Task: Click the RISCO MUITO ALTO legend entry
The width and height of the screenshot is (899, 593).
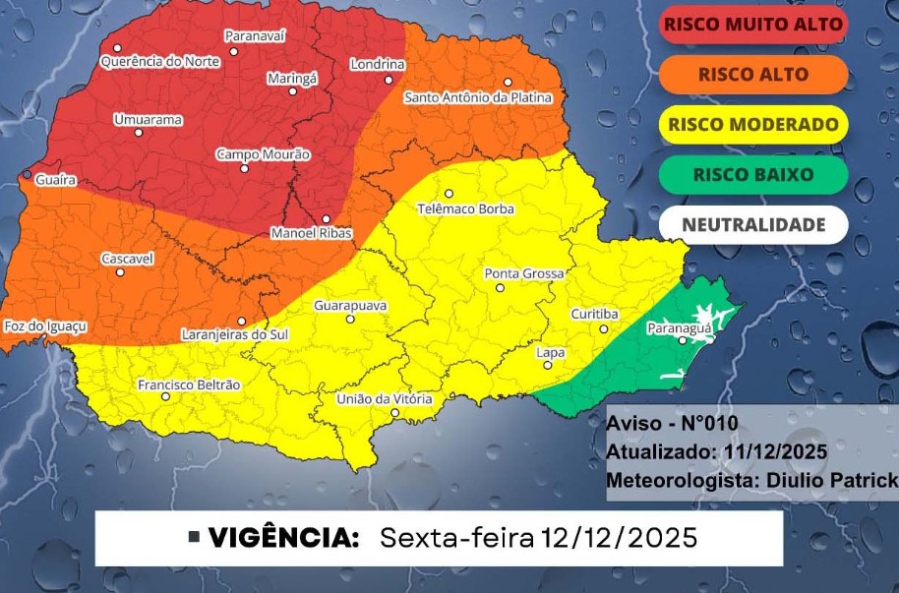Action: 752,24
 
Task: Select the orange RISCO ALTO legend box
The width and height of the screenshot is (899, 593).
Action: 752,74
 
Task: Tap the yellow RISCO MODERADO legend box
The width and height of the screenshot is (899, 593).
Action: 752,125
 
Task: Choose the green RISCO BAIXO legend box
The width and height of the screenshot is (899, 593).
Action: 752,175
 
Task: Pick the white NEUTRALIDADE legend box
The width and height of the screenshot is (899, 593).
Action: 752,225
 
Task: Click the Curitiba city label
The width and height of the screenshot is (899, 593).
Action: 594,314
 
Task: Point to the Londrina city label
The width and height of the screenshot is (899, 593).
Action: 378,65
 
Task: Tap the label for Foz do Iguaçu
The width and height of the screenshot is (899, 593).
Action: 46,326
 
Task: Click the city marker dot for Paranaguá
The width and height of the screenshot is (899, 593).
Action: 683,341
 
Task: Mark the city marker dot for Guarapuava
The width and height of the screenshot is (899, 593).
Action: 349,319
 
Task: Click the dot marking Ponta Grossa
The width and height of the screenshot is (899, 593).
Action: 500,288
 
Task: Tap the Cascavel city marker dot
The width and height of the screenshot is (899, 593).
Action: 120,271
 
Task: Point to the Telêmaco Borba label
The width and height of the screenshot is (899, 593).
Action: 465,208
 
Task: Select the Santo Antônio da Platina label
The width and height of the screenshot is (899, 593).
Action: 478,98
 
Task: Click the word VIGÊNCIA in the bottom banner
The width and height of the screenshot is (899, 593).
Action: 282,538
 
